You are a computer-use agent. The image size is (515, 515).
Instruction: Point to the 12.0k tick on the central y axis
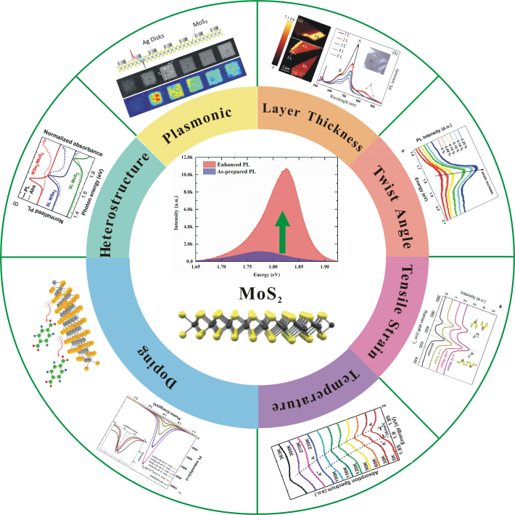point(189,157)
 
